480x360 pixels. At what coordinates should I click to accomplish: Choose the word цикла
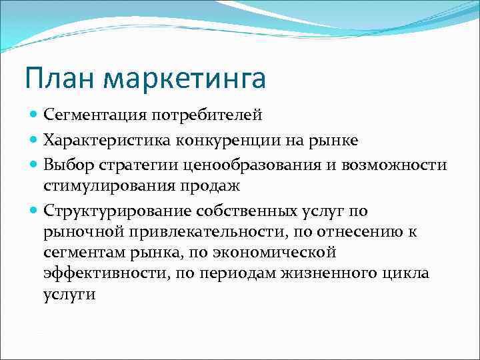click(405, 274)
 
